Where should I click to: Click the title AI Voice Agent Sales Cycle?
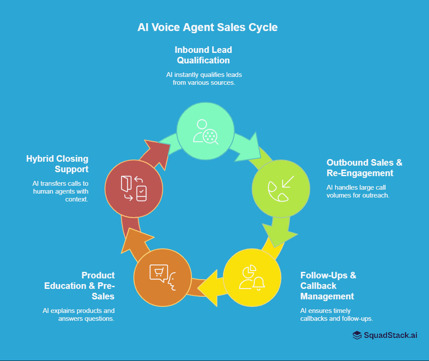tap(207, 27)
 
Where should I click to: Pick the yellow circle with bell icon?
tap(251, 277)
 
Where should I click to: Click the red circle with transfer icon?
tap(134, 188)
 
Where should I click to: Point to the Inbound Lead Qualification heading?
tap(203, 55)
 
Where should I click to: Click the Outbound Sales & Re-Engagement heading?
tap(364, 168)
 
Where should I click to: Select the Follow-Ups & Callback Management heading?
tap(328, 286)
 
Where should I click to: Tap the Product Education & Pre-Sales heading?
tap(80, 286)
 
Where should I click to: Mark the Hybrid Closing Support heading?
tap(57, 164)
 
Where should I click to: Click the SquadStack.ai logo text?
tap(391, 335)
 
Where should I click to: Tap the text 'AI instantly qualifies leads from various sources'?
tap(204, 78)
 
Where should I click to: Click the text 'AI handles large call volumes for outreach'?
tap(358, 191)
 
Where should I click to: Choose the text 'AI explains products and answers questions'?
tap(79, 315)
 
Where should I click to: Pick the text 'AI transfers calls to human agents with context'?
tap(60, 191)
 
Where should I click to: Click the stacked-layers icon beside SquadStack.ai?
tap(357, 335)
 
